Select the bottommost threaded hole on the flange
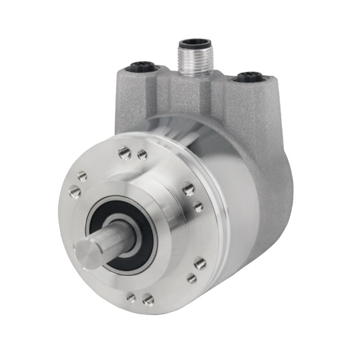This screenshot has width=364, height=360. [x=148, y=300]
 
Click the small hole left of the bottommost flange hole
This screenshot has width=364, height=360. [x=131, y=297]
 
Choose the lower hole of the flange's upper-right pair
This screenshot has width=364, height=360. [x=197, y=207]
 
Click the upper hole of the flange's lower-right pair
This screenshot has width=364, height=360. [x=200, y=263]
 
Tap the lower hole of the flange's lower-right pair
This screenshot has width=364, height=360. [x=192, y=279]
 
